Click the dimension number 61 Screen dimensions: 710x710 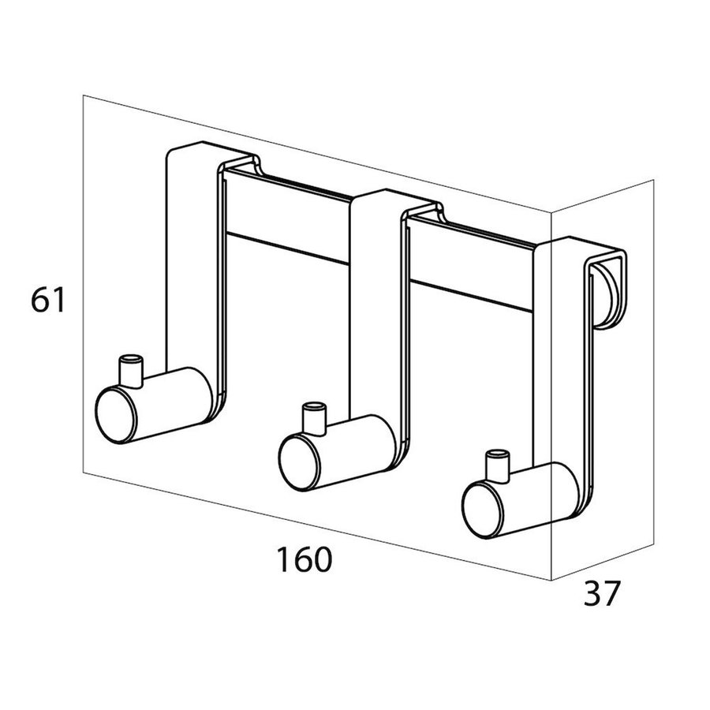(x=48, y=299)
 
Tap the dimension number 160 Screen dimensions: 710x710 (x=305, y=559)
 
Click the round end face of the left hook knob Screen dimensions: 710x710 (x=115, y=414)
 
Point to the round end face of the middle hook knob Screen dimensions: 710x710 (x=299, y=462)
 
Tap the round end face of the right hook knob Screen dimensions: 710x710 (x=483, y=510)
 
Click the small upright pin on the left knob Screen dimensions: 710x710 (x=131, y=371)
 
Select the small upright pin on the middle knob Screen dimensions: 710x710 (x=314, y=418)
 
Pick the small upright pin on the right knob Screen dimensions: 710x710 (x=497, y=465)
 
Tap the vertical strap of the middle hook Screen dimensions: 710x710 (x=376, y=312)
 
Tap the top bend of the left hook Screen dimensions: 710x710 (x=213, y=154)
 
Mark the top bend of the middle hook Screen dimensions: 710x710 (x=396, y=201)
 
